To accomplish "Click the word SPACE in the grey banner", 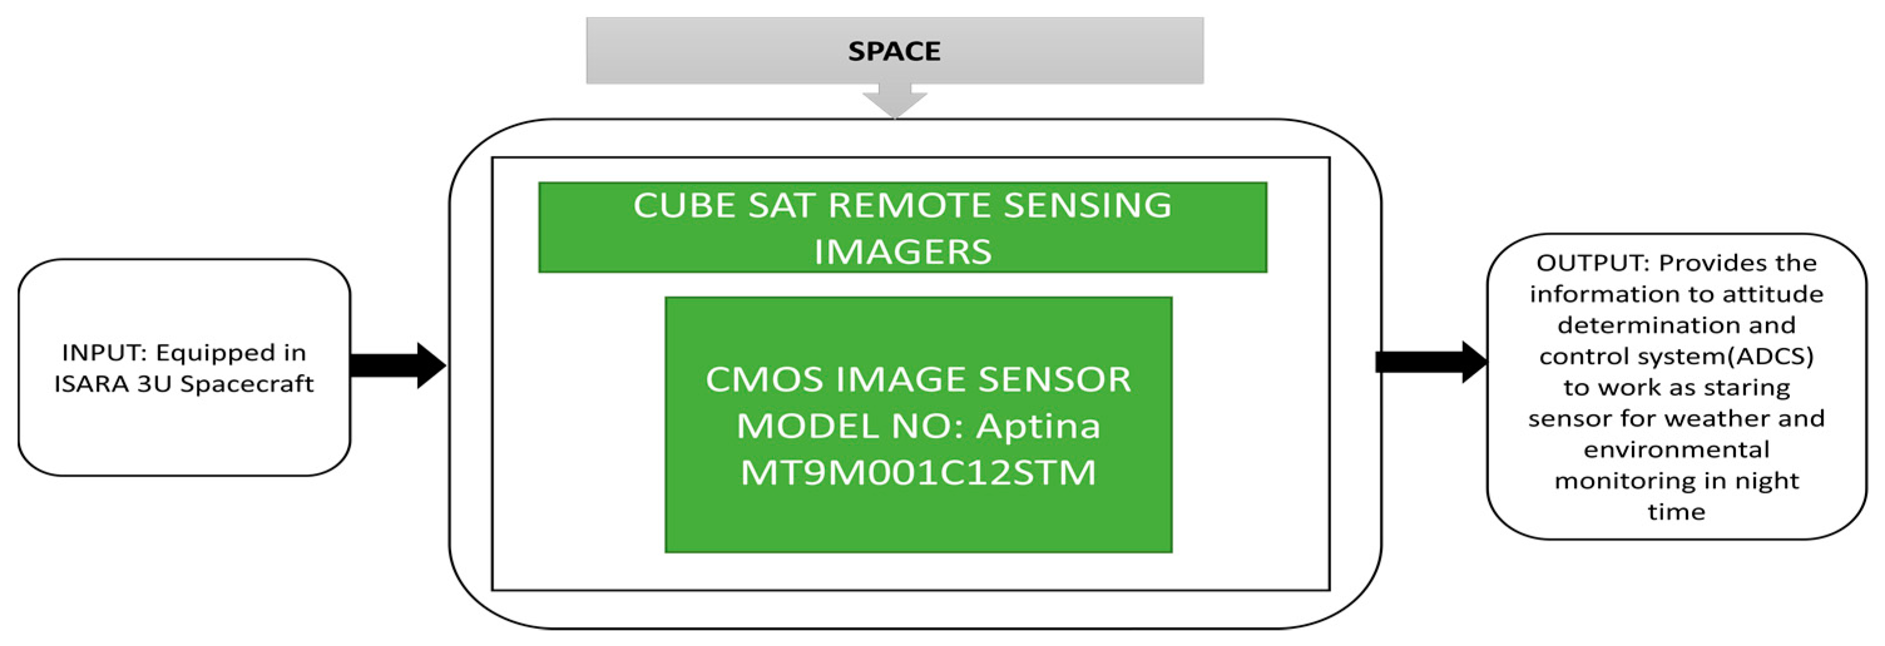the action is (893, 51).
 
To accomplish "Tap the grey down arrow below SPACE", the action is (894, 100).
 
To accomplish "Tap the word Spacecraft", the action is (247, 384).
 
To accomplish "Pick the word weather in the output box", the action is (1686, 419).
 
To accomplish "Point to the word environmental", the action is (1676, 449).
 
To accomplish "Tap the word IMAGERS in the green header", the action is (902, 252).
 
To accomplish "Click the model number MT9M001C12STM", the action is (918, 472).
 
